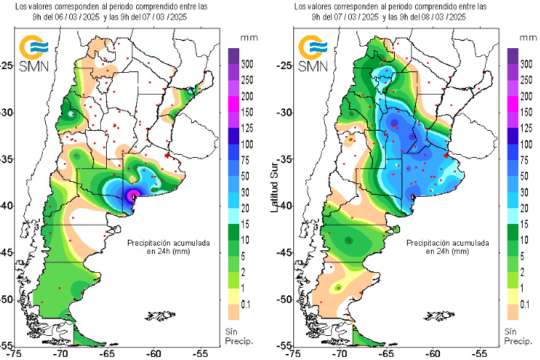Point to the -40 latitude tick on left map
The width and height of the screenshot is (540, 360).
(7, 205)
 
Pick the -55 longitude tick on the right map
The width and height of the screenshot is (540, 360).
(480, 352)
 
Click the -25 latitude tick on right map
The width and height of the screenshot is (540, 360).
(284, 65)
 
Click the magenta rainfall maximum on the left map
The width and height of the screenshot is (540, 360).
(134, 195)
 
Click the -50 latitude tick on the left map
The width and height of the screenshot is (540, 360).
(7, 299)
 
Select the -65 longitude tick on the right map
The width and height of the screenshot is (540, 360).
(387, 352)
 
